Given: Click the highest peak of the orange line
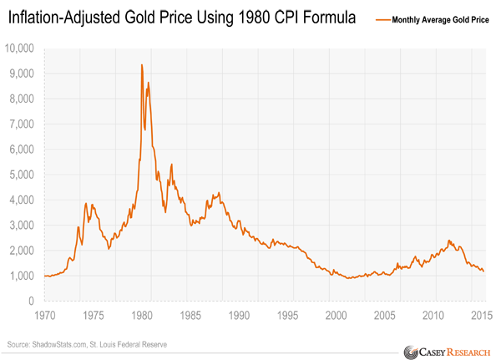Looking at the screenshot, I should (x=142, y=64).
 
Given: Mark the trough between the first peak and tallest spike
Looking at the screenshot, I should (x=109, y=249).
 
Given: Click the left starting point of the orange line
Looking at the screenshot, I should (x=43, y=276).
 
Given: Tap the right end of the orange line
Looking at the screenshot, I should (x=483, y=271).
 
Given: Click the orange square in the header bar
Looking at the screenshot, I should (x=378, y=23).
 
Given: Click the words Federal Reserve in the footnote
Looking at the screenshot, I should (x=143, y=344).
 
